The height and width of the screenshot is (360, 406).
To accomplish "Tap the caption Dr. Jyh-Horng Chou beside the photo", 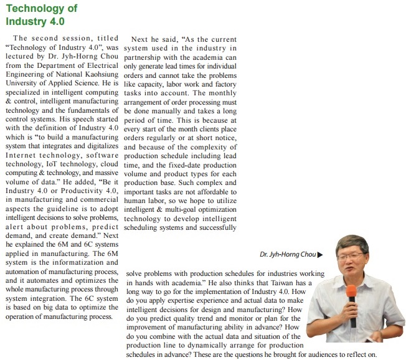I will tap(288, 255).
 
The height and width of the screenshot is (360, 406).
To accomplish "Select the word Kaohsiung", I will tap(100, 73).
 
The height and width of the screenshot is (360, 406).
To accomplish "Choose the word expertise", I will tap(188, 300).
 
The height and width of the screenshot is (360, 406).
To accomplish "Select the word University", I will tap(22, 82).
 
